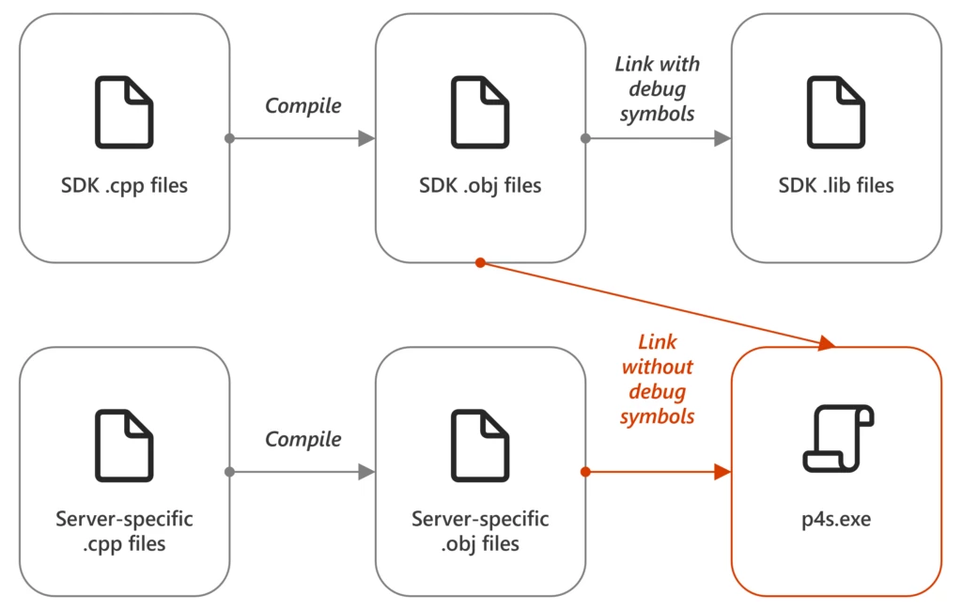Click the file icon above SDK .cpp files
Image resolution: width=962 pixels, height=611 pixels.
[x=124, y=113]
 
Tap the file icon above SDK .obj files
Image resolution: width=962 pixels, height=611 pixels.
[x=480, y=113]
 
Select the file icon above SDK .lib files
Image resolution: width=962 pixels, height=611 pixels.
[x=836, y=113]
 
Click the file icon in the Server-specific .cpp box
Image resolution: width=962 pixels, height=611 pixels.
[x=124, y=446]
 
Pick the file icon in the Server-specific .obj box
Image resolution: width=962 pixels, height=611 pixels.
[x=480, y=446]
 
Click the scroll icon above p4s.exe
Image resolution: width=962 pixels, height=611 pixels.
[x=836, y=438]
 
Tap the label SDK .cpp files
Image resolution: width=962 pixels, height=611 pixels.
[x=124, y=185]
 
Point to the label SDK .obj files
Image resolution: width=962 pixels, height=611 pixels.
[x=480, y=185]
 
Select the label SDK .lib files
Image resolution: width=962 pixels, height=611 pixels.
[x=836, y=185]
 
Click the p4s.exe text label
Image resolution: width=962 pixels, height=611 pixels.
[x=836, y=519]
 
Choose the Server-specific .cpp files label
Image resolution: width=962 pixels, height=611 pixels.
[x=124, y=531]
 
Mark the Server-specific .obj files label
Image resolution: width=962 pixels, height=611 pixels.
[x=480, y=531]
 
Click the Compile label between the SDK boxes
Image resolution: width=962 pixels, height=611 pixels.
[x=303, y=106]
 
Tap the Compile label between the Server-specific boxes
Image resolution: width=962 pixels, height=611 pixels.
[x=303, y=439]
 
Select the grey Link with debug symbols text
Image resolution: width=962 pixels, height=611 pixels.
[x=657, y=88]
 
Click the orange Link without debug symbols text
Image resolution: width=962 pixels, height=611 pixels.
[x=657, y=379]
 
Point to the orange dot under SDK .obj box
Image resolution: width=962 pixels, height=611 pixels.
[x=480, y=263]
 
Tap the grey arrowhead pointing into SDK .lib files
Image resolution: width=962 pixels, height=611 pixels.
[x=721, y=138]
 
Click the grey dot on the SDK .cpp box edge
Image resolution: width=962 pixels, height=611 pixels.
[x=229, y=138]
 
